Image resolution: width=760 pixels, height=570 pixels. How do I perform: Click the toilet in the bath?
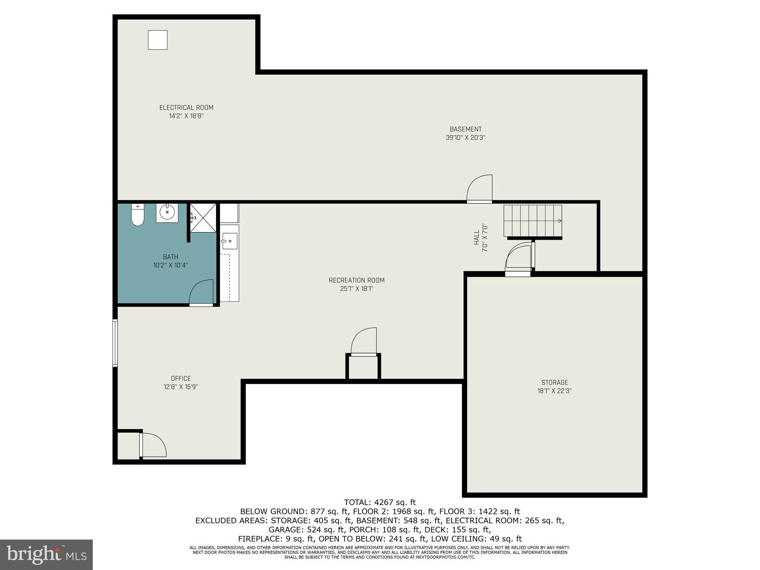(x=137, y=215)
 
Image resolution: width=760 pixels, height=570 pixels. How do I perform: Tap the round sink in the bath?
(x=167, y=213)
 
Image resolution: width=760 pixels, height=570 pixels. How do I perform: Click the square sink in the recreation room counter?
(x=229, y=241)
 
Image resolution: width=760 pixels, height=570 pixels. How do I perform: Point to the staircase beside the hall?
(x=533, y=221)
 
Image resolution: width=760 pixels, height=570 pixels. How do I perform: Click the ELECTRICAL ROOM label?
(x=186, y=108)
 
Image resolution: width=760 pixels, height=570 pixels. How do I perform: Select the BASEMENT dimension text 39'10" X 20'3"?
(x=465, y=138)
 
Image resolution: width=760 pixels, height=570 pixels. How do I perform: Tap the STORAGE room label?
(x=554, y=382)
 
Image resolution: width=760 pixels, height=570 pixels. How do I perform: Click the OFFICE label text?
(x=181, y=378)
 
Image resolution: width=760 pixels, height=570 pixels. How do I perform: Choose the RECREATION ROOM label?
(x=357, y=280)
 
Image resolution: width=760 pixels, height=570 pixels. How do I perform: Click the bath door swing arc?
(x=201, y=293)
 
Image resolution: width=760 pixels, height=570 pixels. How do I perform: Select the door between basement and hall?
(x=479, y=189)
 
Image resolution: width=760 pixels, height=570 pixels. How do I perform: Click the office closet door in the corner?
(x=153, y=445)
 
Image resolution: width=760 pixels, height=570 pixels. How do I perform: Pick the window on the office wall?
(x=115, y=343)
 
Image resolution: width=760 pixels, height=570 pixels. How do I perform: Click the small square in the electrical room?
(x=158, y=40)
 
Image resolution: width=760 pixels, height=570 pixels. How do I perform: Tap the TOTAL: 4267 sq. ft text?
(x=380, y=502)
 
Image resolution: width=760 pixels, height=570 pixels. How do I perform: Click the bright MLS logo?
(x=46, y=554)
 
